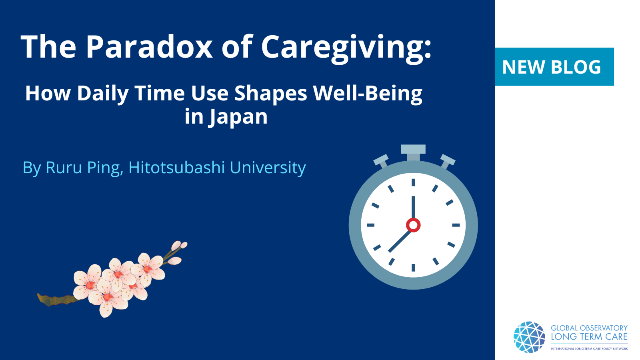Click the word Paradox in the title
pyautogui.click(x=148, y=46)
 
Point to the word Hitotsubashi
pyautogui.click(x=176, y=168)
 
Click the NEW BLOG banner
pyautogui.click(x=554, y=66)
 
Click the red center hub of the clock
pyautogui.click(x=413, y=225)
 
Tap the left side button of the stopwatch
pyautogui.click(x=382, y=161)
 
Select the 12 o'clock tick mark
pyautogui.click(x=413, y=182)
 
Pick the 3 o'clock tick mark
pyautogui.click(x=456, y=225)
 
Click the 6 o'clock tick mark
pyautogui.click(x=413, y=268)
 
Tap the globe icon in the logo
pyautogui.click(x=529, y=337)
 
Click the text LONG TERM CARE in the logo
pyautogui.click(x=589, y=337)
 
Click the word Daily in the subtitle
pyautogui.click(x=102, y=94)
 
